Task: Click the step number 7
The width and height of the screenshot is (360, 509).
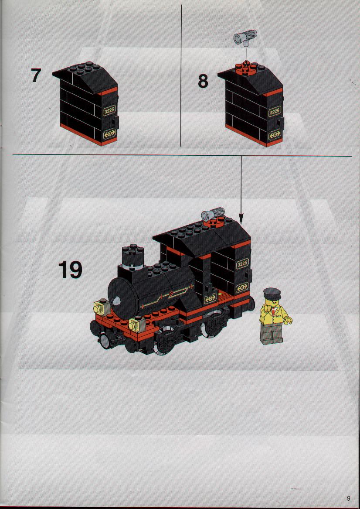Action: pyautogui.click(x=36, y=75)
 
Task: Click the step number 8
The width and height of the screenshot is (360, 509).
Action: pyautogui.click(x=203, y=81)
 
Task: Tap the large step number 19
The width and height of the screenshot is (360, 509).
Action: pyautogui.click(x=70, y=270)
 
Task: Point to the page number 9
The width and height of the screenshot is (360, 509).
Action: pyautogui.click(x=349, y=498)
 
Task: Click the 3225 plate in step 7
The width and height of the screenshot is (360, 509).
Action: pyautogui.click(x=109, y=111)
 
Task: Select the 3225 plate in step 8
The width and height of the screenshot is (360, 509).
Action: pyautogui.click(x=274, y=112)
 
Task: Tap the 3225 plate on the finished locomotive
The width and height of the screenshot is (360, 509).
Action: pyautogui.click(x=242, y=264)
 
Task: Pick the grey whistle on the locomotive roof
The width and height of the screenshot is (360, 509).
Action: pyautogui.click(x=213, y=214)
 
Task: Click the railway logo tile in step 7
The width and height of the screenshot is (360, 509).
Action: pyautogui.click(x=109, y=133)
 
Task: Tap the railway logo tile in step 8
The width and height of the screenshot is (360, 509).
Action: pyautogui.click(x=275, y=134)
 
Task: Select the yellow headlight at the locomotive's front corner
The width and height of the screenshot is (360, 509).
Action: pyautogui.click(x=137, y=324)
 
